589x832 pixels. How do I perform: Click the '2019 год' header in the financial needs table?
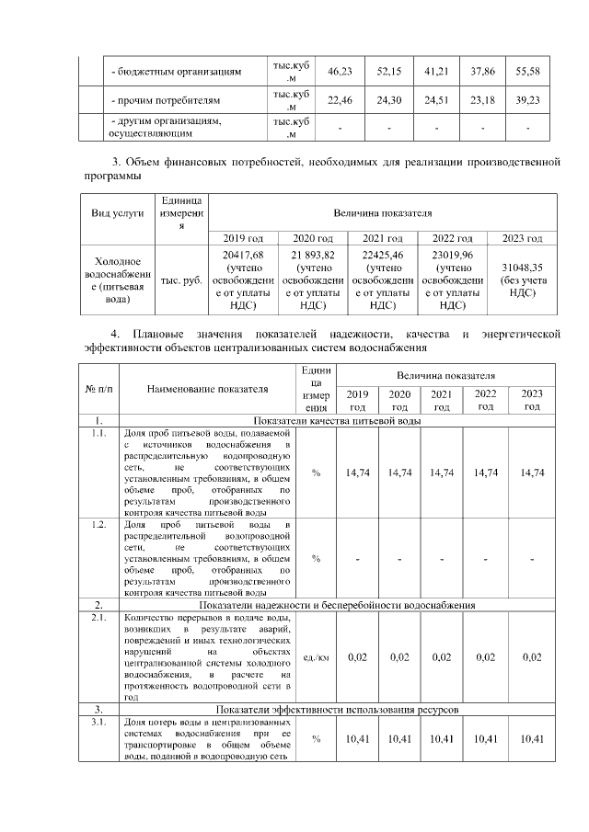pyautogui.click(x=244, y=238)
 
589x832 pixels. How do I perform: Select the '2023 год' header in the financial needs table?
pyautogui.click(x=522, y=238)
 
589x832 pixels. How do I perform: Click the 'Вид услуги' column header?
pyautogui.click(x=118, y=213)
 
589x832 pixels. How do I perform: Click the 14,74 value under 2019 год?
pyautogui.click(x=357, y=473)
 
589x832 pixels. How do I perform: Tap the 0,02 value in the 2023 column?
pyautogui.click(x=531, y=657)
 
